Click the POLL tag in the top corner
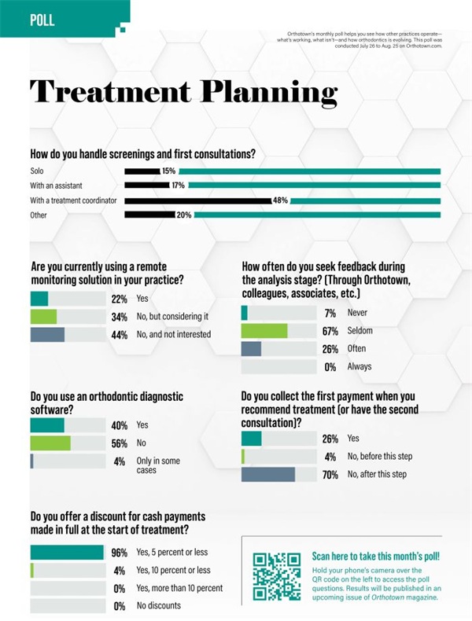[42, 20]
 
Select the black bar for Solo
[142, 171]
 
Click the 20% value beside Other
[184, 215]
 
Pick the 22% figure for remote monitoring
[119, 299]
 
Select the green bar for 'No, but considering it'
[43, 316]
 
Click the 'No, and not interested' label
[174, 334]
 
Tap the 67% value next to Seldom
[330, 331]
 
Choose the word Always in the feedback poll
[360, 366]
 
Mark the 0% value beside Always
[330, 366]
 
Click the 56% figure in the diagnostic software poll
[119, 443]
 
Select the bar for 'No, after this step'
[268, 474]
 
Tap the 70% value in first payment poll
[330, 474]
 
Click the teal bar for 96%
[67, 552]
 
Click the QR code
[276, 577]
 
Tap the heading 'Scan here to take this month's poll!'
[376, 556]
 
